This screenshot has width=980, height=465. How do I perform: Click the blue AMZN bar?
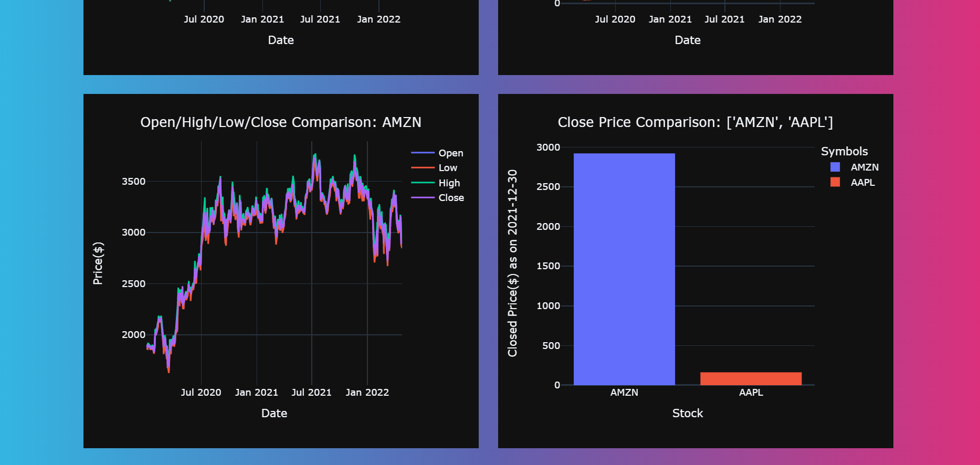tap(624, 269)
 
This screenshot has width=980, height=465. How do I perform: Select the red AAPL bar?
tap(751, 378)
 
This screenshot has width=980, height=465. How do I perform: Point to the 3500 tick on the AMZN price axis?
tap(133, 182)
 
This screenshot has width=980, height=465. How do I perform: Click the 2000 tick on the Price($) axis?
tap(133, 335)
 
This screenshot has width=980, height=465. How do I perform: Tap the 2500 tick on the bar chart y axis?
tap(548, 187)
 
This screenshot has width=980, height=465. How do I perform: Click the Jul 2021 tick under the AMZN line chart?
tap(311, 393)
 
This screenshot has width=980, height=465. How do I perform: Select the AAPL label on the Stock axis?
tap(751, 393)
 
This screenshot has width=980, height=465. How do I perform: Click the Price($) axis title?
tap(98, 263)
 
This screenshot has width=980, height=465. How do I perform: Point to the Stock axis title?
tap(687, 414)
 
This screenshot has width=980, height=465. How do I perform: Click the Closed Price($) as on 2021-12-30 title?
tap(512, 263)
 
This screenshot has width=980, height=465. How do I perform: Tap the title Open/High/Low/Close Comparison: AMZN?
tap(280, 122)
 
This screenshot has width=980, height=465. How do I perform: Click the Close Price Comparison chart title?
tap(695, 122)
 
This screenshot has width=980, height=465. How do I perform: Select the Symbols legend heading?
tap(844, 152)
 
